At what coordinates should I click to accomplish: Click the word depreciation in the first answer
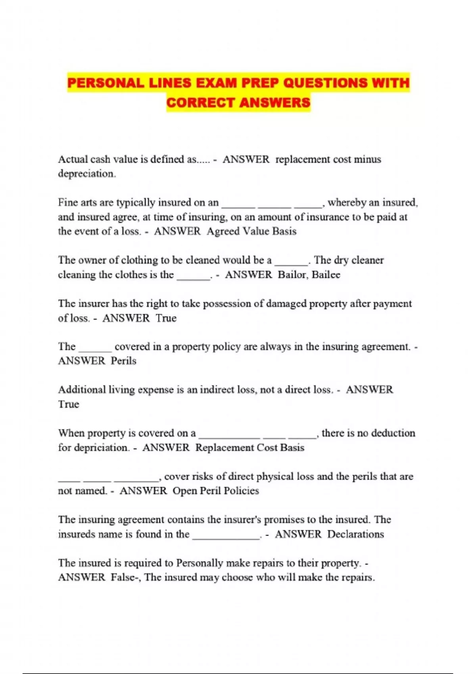pyautogui.click(x=86, y=174)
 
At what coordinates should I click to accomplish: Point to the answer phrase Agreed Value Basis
pyautogui.click(x=251, y=232)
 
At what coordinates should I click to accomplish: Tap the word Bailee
pyautogui.click(x=326, y=275)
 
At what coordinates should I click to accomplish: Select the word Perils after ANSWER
pyautogui.click(x=123, y=361)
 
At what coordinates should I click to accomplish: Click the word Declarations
pyautogui.click(x=355, y=534)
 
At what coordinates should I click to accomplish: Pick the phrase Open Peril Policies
pyautogui.click(x=215, y=491)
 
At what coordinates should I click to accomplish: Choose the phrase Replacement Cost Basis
pyautogui.click(x=250, y=448)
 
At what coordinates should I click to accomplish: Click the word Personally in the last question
pyautogui.click(x=200, y=563)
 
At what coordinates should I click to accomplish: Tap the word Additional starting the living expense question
pyautogui.click(x=82, y=390)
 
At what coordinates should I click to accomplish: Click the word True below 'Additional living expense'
pyautogui.click(x=69, y=404)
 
